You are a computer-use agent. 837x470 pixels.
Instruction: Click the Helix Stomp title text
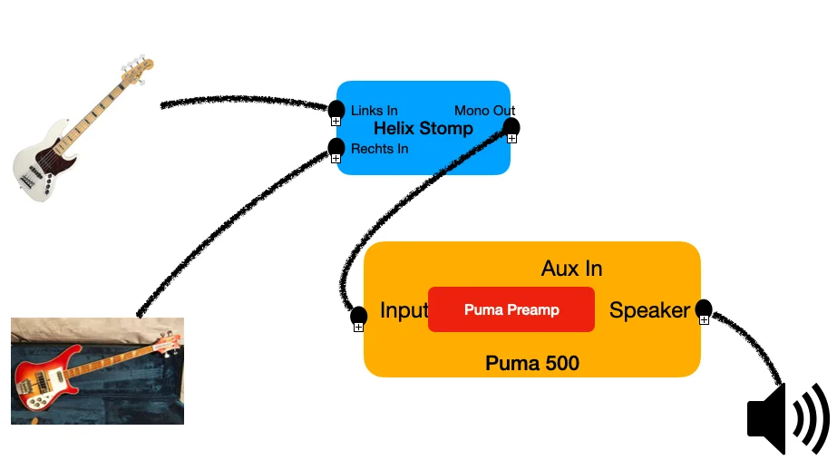pos(423,129)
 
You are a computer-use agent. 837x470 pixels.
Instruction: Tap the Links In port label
pos(374,111)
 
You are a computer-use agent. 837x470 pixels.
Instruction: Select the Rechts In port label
pos(379,149)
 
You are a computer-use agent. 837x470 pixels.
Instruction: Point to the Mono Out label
pos(484,111)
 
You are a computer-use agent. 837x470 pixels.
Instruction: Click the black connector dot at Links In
pos(336,109)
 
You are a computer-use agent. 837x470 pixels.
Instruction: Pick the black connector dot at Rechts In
pos(336,146)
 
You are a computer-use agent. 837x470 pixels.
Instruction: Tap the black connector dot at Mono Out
pos(511,126)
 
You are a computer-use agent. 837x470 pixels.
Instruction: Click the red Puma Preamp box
pos(511,309)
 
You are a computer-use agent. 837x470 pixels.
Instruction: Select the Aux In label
pos(571,269)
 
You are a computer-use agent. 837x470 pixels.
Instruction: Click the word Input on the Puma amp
pos(404,310)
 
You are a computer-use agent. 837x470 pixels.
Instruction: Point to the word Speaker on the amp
pos(649,310)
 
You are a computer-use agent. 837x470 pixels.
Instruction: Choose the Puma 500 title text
pos(532,364)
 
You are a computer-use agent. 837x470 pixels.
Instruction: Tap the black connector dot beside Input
pos(358,315)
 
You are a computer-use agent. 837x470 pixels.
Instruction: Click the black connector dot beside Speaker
pos(703,308)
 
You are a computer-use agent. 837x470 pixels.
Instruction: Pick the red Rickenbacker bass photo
pos(97,371)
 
